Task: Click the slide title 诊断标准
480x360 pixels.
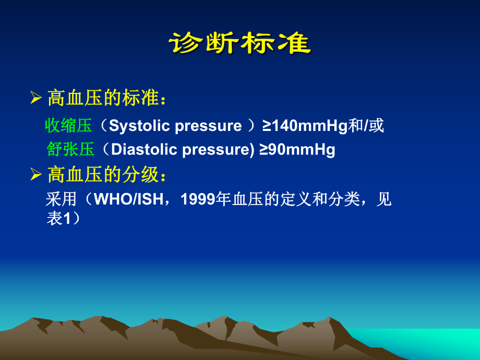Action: click(239, 43)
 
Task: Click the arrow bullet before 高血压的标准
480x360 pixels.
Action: click(36, 98)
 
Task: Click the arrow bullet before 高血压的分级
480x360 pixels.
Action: click(36, 175)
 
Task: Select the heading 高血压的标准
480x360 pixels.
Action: click(107, 98)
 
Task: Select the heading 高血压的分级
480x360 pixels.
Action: click(107, 175)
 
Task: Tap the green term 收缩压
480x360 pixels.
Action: click(68, 126)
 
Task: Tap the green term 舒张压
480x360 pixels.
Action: click(70, 150)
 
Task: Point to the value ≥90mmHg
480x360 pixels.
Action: click(298, 150)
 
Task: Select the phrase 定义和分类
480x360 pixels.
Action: click(313, 200)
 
